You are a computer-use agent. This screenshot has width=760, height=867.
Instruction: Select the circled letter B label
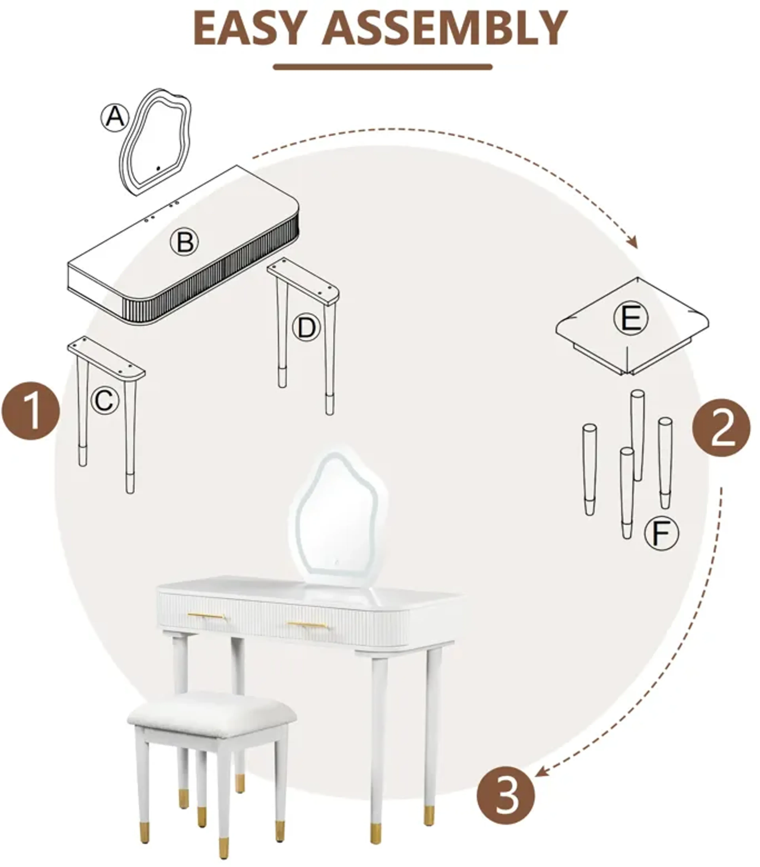[x=184, y=242]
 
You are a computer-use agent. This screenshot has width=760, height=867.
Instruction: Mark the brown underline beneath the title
[x=383, y=67]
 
